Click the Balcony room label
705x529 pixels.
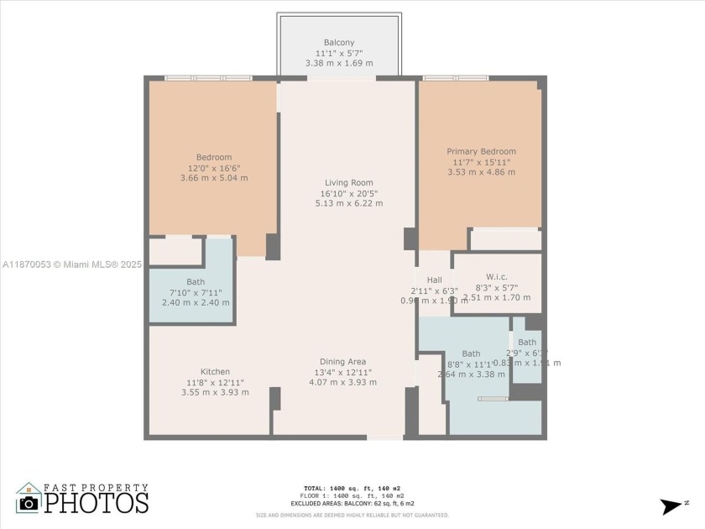(339, 43)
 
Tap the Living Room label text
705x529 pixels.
(349, 182)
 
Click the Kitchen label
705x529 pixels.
(215, 372)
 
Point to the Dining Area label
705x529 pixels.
(342, 362)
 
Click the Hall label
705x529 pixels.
(434, 280)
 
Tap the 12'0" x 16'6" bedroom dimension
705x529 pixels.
(213, 168)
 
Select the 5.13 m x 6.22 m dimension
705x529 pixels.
(349, 203)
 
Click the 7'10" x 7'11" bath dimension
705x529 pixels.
(195, 292)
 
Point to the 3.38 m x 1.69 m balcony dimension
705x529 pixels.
(339, 63)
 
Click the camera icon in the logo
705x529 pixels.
(29, 501)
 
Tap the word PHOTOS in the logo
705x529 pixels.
(97, 503)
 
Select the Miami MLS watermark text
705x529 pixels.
(71, 264)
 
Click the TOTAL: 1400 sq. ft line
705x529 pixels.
(352, 488)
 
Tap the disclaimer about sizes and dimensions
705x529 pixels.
(352, 515)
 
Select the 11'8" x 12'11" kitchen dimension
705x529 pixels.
(215, 382)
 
